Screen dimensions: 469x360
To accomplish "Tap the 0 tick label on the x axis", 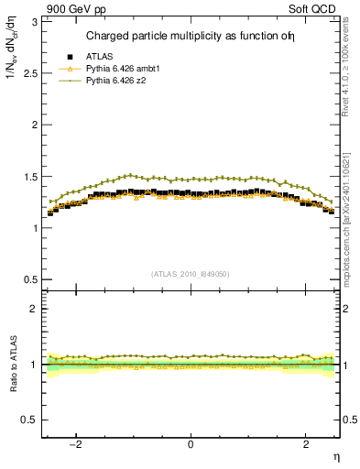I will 191,444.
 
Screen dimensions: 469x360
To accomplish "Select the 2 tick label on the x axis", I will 306,444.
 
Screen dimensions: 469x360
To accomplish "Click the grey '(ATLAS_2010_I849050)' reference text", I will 191,273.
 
